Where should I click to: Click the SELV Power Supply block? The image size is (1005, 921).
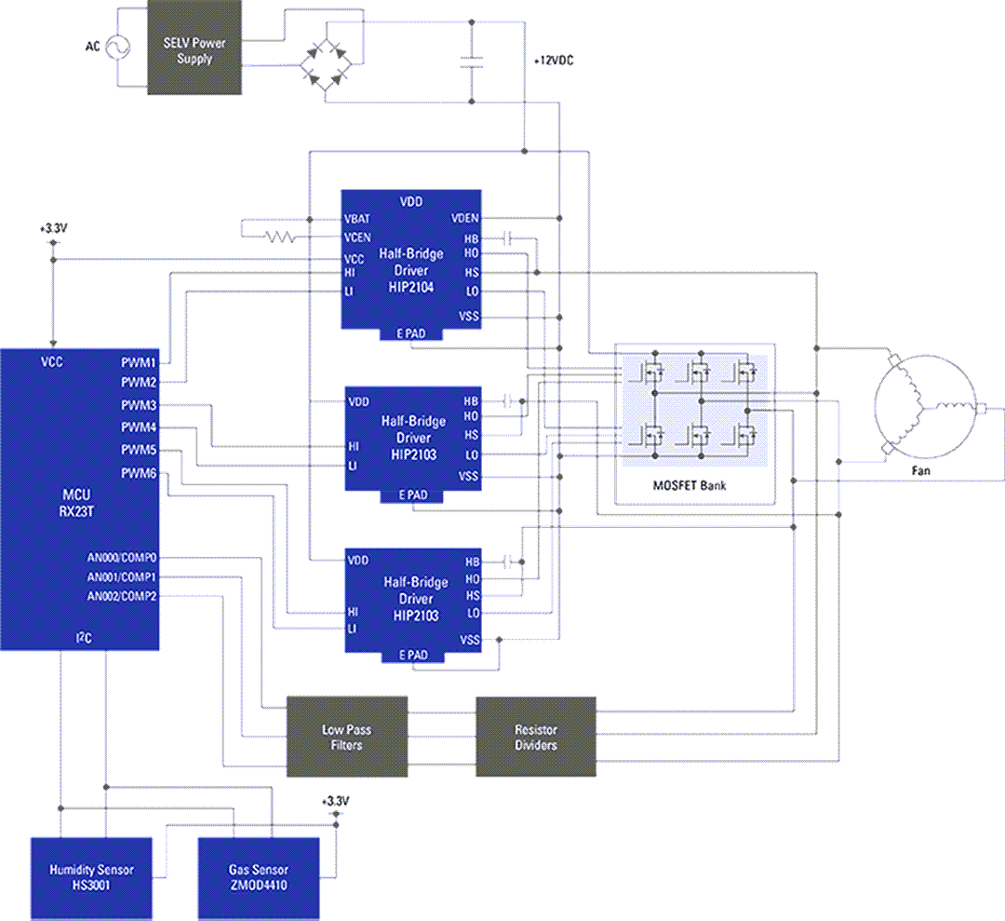194,51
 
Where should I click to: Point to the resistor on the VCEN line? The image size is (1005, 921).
278,237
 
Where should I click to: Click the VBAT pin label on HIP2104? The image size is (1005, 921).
358,218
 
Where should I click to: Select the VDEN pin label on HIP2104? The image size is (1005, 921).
464,218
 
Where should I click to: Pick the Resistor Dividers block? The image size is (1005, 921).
535,737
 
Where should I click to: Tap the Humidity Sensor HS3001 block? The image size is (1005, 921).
91,877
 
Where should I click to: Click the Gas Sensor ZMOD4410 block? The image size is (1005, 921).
258,877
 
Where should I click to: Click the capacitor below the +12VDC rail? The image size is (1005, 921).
473,62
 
